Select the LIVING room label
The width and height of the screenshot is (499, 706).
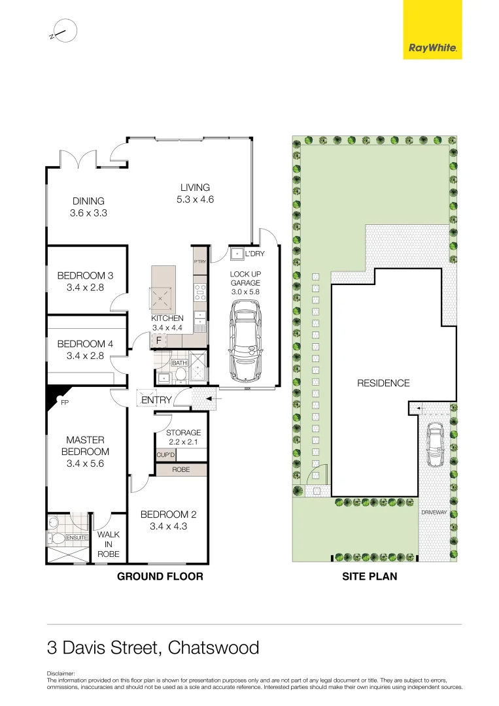(x=195, y=194)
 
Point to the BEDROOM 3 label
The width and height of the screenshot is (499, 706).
(x=85, y=281)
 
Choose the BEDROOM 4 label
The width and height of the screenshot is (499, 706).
(x=85, y=350)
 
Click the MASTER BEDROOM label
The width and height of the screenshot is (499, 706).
(x=85, y=452)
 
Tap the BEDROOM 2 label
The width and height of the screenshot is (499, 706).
(x=168, y=520)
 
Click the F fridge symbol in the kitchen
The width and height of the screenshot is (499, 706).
(x=158, y=340)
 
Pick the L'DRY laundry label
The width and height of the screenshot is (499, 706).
(x=255, y=254)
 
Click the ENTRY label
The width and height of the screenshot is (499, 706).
(x=156, y=400)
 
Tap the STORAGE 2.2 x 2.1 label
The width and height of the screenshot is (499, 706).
(x=183, y=438)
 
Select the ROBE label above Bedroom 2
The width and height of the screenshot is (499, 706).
(x=181, y=469)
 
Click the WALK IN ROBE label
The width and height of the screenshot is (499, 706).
(x=109, y=544)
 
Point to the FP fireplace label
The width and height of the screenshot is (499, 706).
(x=65, y=403)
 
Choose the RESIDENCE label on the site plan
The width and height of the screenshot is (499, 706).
(x=383, y=383)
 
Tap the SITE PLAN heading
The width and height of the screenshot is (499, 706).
(x=370, y=577)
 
